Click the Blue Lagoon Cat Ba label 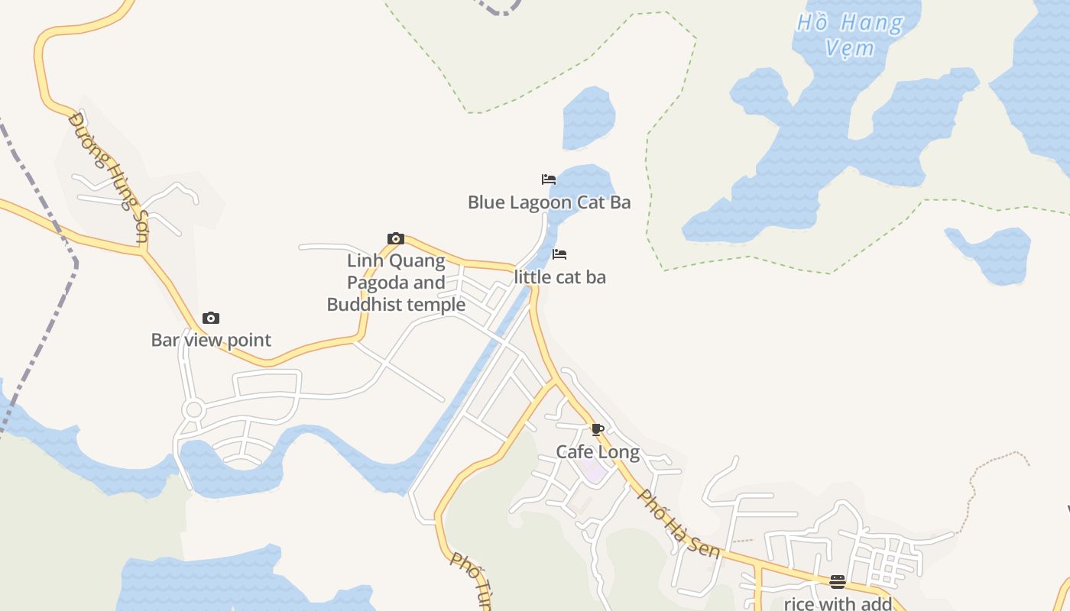[549, 202]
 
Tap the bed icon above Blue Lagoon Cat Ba [549, 179]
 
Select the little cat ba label [560, 277]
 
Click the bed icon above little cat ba [559, 254]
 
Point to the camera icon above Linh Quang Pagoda [396, 239]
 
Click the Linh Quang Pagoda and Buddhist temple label [396, 283]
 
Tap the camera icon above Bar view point [211, 318]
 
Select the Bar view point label [211, 340]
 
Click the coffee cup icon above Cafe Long [598, 430]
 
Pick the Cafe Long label [598, 451]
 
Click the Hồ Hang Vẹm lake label [851, 35]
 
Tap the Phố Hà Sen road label [679, 523]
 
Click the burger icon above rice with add [838, 582]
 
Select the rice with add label [838, 603]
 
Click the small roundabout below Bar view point [193, 410]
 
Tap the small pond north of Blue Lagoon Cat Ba [588, 118]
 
